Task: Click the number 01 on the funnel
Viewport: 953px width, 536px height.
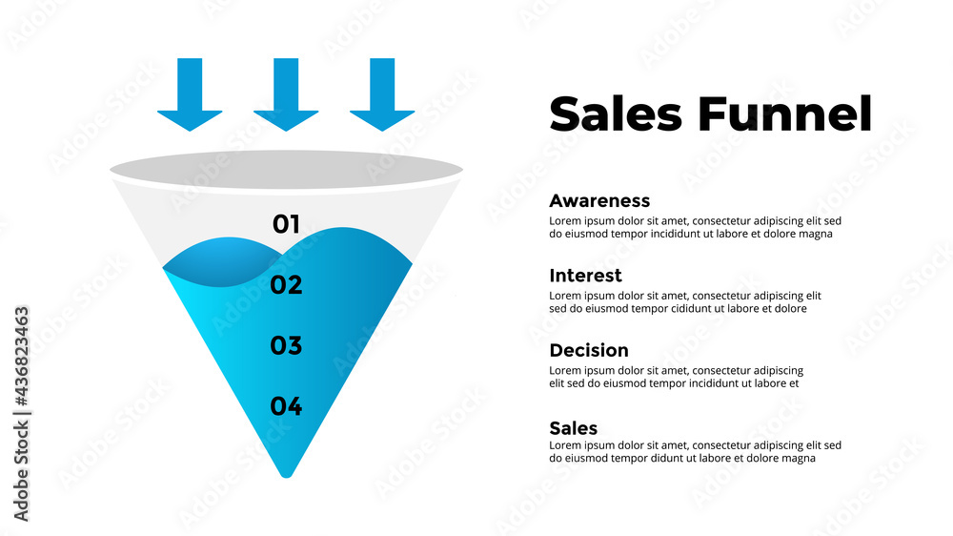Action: [286, 224]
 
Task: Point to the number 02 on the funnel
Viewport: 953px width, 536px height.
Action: [286, 284]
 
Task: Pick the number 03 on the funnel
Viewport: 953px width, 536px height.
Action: [286, 345]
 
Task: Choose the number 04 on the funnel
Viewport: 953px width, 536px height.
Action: [286, 406]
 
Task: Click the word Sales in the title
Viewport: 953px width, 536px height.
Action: [616, 113]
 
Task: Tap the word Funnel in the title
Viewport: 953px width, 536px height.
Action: [784, 113]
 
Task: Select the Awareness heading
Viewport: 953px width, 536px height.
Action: [599, 200]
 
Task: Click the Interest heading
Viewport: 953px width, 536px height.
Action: [585, 276]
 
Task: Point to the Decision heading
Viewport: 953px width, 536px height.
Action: [589, 350]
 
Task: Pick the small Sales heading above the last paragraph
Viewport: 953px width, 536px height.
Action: [574, 427]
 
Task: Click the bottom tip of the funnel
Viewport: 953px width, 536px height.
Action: [287, 470]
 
